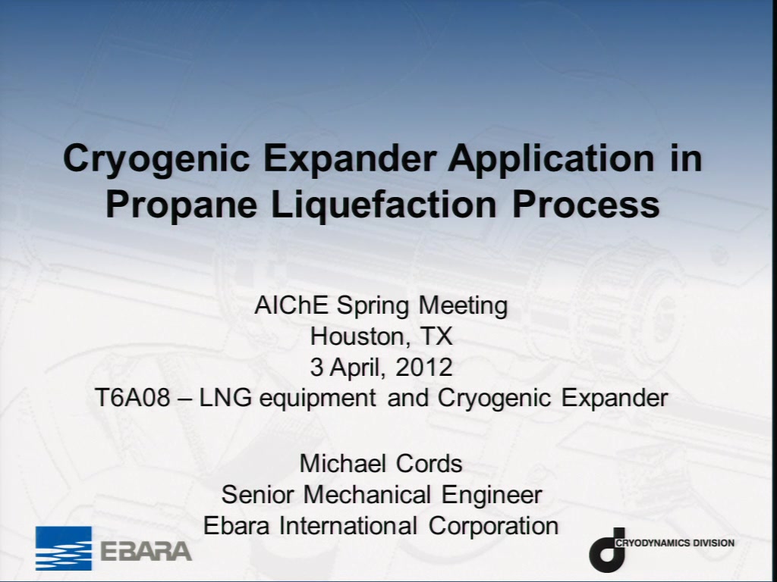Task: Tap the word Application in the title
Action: coord(551,159)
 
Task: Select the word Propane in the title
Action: coord(181,205)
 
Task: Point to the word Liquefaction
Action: coord(384,204)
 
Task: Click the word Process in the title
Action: coord(586,204)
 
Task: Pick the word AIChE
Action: coord(291,305)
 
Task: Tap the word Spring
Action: coord(373,306)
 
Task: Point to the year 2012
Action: coord(424,368)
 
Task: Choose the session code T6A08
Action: coord(132,398)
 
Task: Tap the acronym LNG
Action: coord(225,398)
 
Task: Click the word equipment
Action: coord(317,399)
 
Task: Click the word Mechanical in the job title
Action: coord(366,495)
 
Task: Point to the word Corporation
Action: coord(493,526)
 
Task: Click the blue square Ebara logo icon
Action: coord(64,549)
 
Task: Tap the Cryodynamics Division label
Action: coord(675,543)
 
